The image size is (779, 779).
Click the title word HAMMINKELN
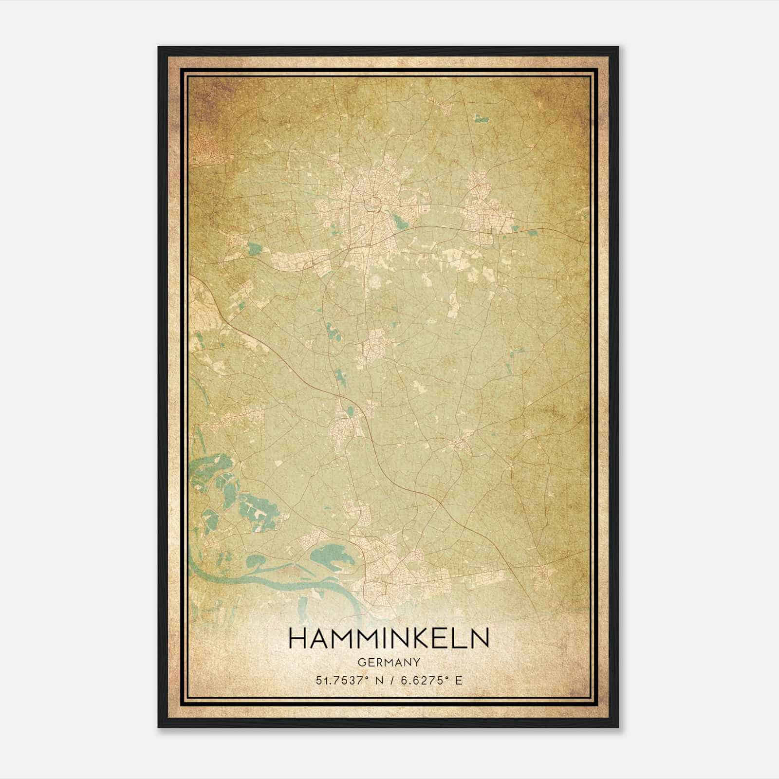point(389,639)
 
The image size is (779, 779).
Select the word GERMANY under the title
point(389,662)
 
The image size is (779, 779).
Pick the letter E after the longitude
point(458,680)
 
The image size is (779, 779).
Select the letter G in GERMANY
point(361,662)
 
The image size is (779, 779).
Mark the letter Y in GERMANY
point(417,662)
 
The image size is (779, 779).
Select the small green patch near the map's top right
point(480,118)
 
